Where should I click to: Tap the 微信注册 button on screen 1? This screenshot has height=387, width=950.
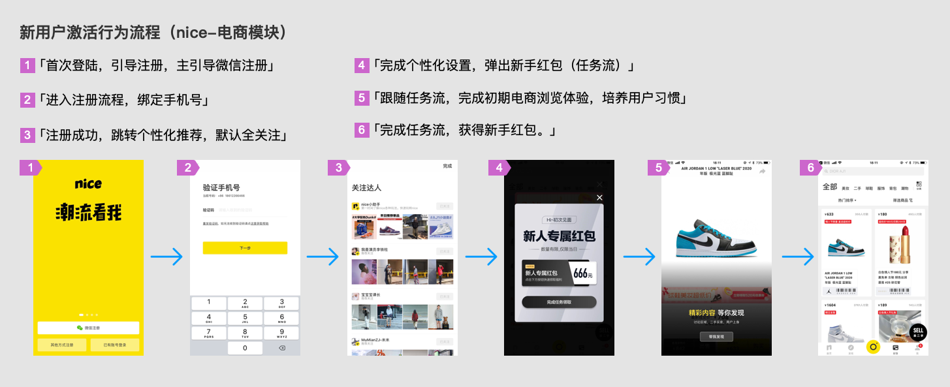pyautogui.click(x=88, y=328)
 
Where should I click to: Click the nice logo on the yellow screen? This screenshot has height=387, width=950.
pyautogui.click(x=88, y=184)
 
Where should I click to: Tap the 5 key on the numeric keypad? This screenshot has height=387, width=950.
pyautogui.click(x=245, y=317)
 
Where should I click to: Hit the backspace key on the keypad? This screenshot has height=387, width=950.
pyautogui.click(x=281, y=348)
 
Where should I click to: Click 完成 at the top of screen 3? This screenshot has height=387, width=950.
pyautogui.click(x=447, y=166)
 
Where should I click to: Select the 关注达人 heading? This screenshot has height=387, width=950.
pyautogui.click(x=366, y=188)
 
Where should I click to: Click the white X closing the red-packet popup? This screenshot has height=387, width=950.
pyautogui.click(x=599, y=198)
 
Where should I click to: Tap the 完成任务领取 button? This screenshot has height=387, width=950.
pyautogui.click(x=559, y=302)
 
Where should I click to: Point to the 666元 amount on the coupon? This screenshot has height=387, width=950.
pyautogui.click(x=582, y=274)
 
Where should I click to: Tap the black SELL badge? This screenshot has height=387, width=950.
pyautogui.click(x=918, y=332)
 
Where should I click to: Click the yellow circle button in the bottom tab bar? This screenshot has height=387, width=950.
pyautogui.click(x=873, y=347)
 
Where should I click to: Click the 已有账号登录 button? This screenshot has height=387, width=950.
pyautogui.click(x=114, y=345)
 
